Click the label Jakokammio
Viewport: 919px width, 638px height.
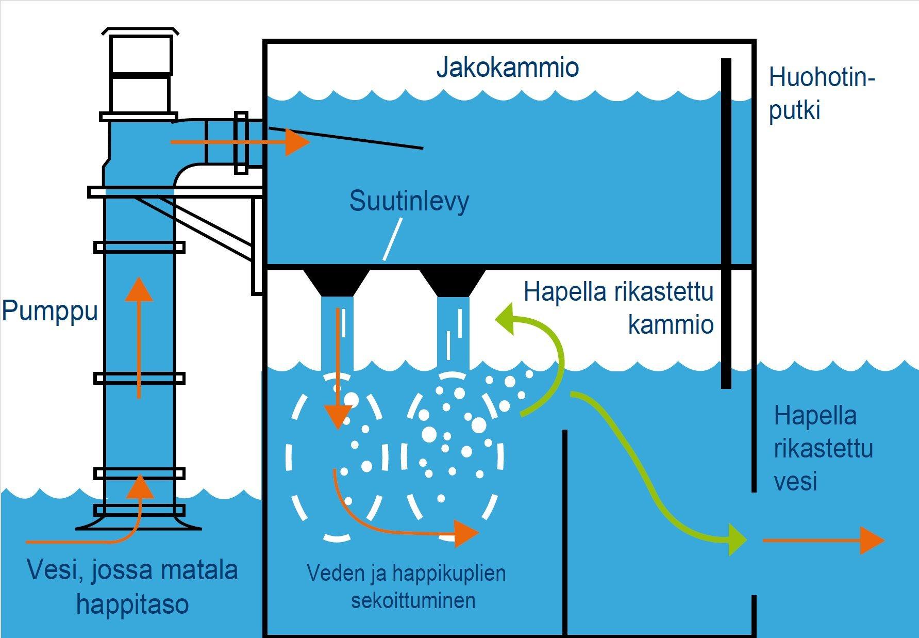point(507,68)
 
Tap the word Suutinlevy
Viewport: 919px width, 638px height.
point(409,201)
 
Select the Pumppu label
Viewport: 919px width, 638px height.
point(49,311)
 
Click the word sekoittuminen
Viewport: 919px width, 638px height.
point(413,600)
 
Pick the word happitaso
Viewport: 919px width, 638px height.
point(132,604)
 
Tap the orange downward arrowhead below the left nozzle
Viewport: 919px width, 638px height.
point(337,416)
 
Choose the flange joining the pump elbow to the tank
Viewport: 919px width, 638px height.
point(241,142)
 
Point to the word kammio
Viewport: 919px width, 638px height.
point(671,324)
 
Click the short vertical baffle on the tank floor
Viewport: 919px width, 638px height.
point(565,531)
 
